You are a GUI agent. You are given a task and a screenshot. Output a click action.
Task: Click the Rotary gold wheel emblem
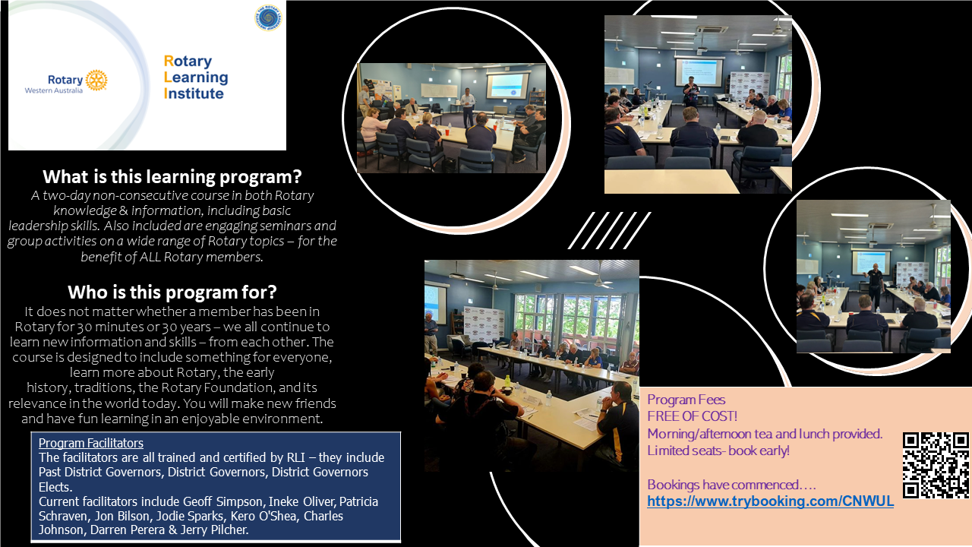point(96,81)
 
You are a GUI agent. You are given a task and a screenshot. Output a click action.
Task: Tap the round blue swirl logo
point(268,17)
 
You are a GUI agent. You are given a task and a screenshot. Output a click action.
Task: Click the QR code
point(936,466)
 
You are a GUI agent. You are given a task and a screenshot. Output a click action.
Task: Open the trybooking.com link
point(770,501)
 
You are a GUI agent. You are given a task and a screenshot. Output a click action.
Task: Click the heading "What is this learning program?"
point(172,177)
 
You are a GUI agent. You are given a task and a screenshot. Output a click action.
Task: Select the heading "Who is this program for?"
point(172,292)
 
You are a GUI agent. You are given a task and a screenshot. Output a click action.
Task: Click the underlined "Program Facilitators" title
point(90,443)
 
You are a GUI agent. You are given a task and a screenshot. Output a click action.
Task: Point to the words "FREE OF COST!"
point(692,416)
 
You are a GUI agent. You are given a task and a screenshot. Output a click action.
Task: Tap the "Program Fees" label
point(686,400)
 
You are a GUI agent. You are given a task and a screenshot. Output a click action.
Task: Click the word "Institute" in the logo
point(194,93)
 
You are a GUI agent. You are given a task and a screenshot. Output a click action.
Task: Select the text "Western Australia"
point(53,90)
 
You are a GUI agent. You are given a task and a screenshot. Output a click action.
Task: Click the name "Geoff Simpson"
point(222,501)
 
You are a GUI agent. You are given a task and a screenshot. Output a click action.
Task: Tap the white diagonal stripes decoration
point(609,230)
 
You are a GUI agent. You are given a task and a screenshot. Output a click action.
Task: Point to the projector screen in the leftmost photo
point(507,86)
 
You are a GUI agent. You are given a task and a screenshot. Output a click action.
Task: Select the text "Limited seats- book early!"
point(718,451)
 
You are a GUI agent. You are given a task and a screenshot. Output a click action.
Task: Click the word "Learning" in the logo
point(196,77)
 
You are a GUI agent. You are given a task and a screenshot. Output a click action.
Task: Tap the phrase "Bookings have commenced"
point(723,485)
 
